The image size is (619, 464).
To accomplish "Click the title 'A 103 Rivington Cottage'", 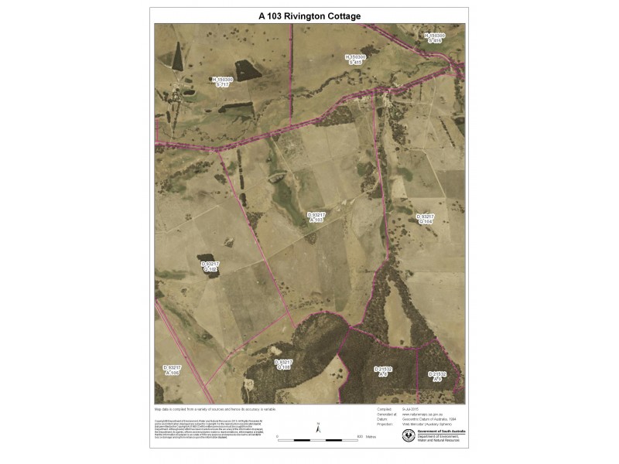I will point(309,15).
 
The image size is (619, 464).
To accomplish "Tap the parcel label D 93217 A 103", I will point(315,217).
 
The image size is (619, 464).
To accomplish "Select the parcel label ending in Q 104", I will point(426,219).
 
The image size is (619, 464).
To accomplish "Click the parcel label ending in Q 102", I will point(211,267).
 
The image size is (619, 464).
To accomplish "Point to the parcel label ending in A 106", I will point(172,370).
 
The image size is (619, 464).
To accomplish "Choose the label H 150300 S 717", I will point(222,81).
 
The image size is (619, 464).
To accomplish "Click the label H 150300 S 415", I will point(355,59).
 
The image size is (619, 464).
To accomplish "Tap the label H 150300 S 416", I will point(435,38).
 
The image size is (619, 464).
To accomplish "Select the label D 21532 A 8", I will point(384,372).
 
